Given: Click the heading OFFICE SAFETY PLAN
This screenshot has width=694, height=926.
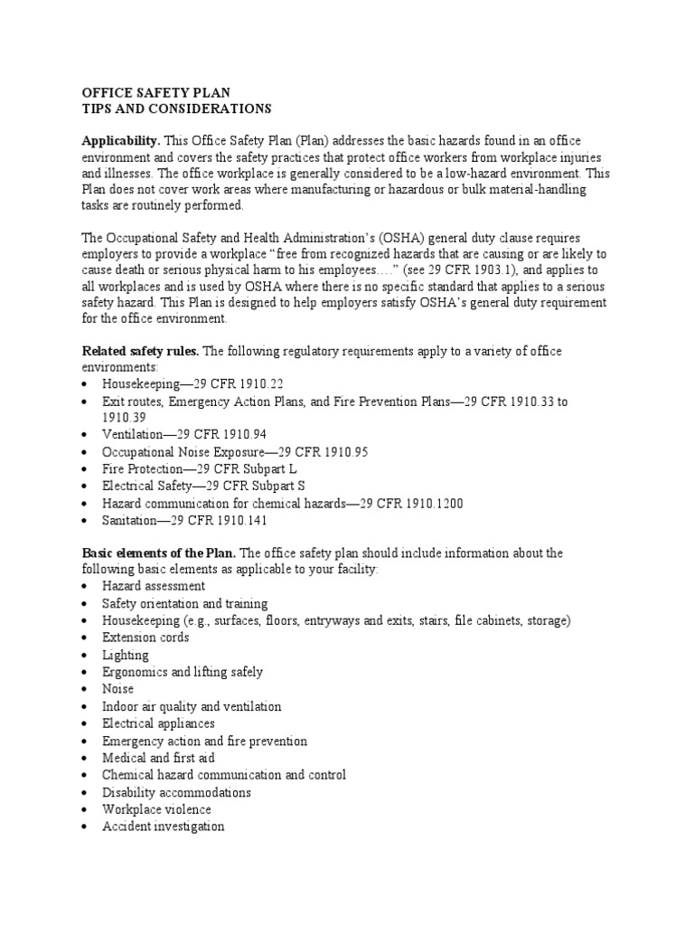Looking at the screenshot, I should (x=156, y=92).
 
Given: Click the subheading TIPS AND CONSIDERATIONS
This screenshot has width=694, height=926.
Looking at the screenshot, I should (x=176, y=109).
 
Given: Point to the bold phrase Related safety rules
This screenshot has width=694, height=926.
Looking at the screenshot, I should (x=138, y=351).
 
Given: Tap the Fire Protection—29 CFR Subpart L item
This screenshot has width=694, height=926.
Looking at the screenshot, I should (x=199, y=469).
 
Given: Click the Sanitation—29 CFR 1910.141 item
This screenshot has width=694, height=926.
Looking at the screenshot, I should (x=184, y=521).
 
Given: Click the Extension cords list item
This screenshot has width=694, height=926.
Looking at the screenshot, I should (x=145, y=638).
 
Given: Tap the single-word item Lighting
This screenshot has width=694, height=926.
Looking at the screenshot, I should (x=126, y=655).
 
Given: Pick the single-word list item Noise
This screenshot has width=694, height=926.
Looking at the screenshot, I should (x=118, y=689).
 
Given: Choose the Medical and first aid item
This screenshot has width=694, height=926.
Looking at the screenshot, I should (x=158, y=758).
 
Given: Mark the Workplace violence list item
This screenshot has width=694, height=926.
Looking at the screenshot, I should (x=156, y=809).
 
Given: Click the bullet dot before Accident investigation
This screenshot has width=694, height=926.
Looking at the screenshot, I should (x=85, y=827).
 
